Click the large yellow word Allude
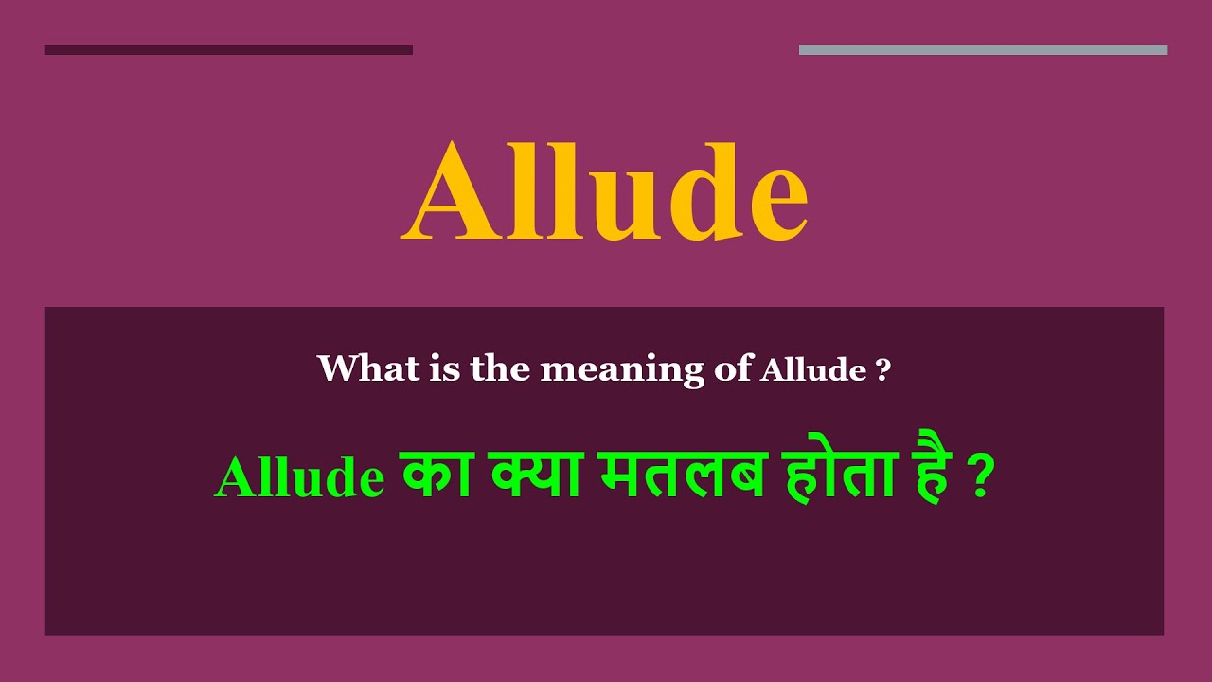[605, 193]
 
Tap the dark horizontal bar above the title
[228, 50]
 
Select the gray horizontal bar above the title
[983, 50]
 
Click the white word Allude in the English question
[813, 368]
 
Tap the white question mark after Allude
[883, 368]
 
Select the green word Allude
[299, 478]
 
